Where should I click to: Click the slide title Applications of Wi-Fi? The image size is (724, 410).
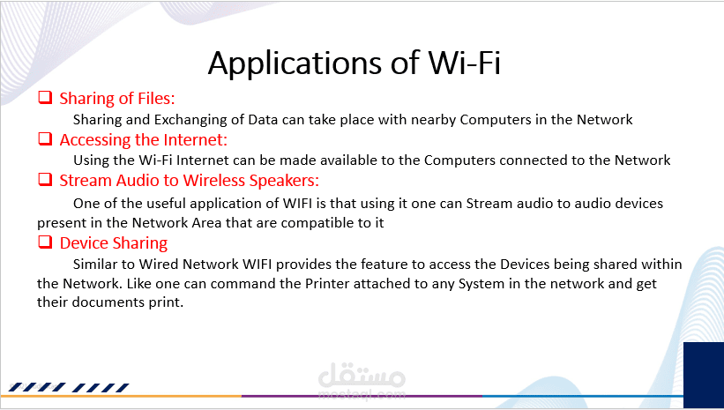(355, 63)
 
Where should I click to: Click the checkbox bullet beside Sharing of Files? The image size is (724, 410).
(45, 98)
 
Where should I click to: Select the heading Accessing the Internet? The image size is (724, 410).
(144, 139)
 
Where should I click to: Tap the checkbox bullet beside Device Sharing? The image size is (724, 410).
(45, 242)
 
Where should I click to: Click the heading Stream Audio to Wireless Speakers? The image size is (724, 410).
(190, 181)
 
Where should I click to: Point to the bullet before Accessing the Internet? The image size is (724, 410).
(45, 138)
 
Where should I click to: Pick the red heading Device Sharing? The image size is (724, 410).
(114, 242)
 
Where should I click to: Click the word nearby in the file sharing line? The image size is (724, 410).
(433, 120)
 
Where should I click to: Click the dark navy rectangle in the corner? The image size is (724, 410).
(703, 375)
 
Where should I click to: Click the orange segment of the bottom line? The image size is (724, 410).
(121, 396)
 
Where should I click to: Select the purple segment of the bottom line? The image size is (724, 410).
(362, 396)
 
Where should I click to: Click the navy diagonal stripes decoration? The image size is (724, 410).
(69, 387)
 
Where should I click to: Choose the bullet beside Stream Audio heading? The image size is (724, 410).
(45, 180)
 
